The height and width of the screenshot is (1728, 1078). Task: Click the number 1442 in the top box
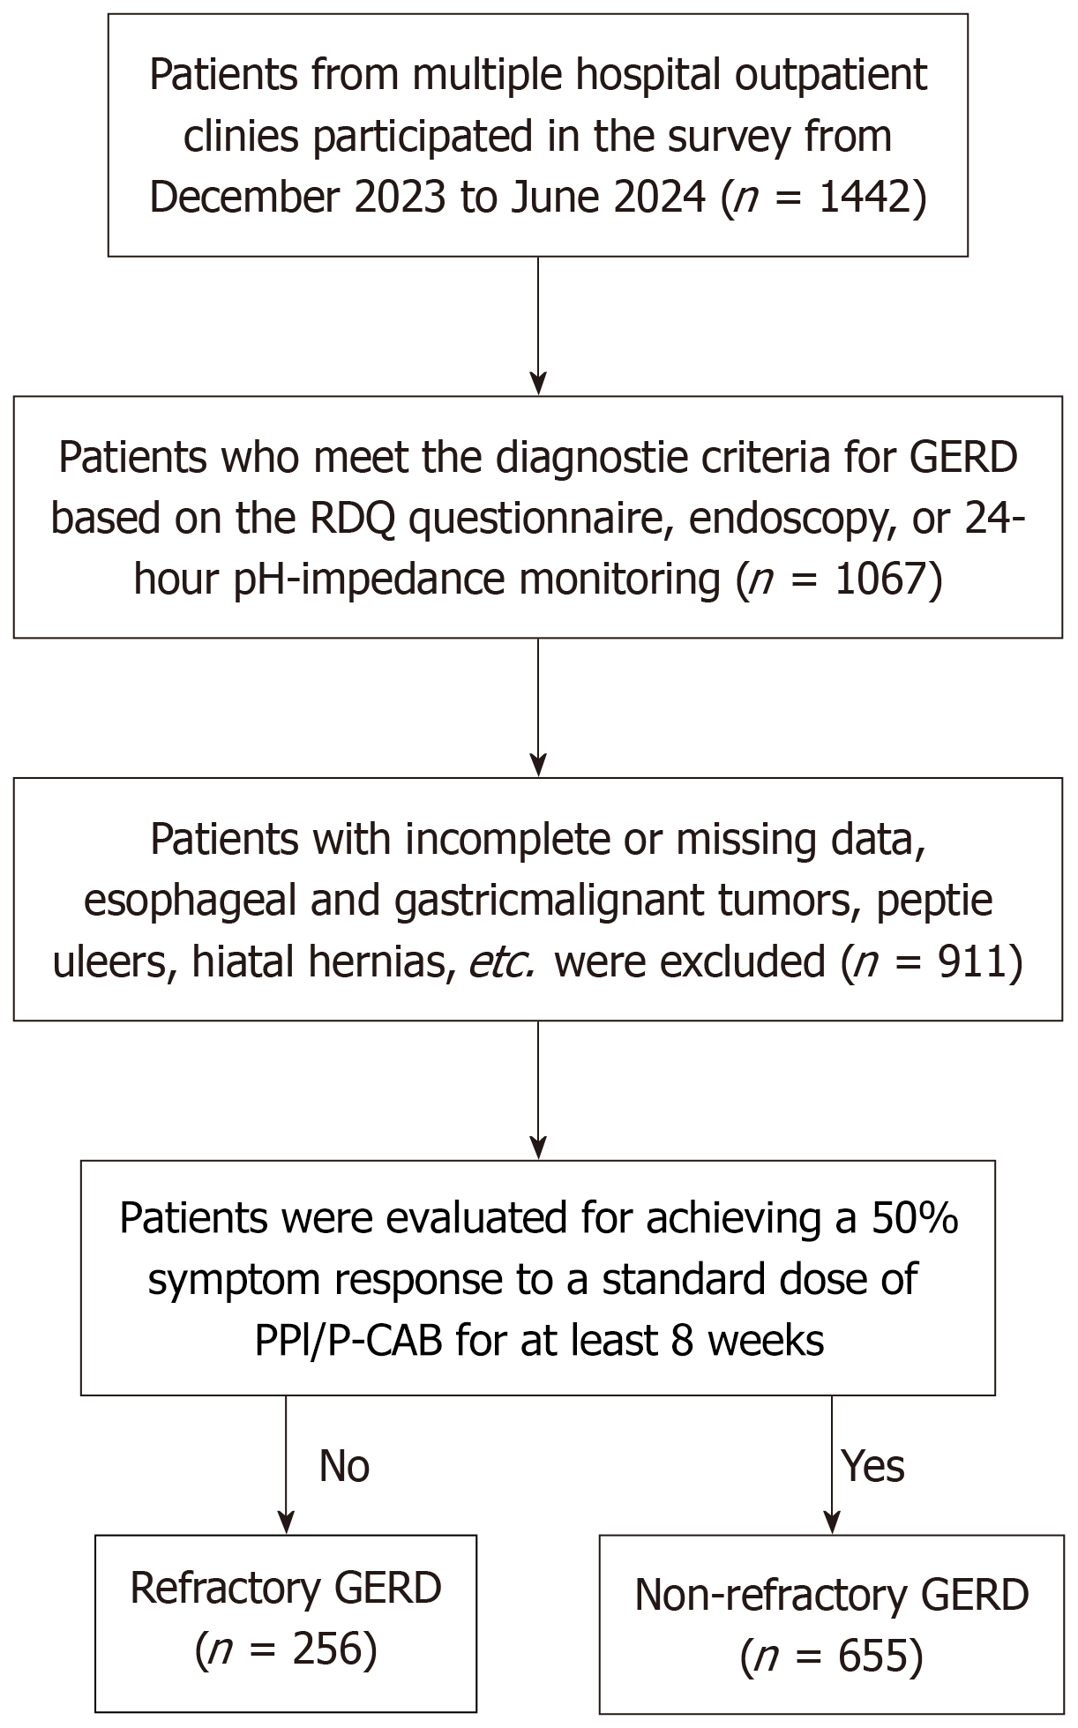pyautogui.click(x=864, y=198)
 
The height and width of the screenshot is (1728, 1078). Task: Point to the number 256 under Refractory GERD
pyautogui.click(x=316, y=1649)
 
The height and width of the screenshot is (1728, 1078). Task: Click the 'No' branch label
pyautogui.click(x=344, y=1466)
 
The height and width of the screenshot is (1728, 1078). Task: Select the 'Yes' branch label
pyautogui.click(x=873, y=1466)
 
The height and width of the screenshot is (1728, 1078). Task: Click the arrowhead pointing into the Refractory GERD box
pyautogui.click(x=286, y=1522)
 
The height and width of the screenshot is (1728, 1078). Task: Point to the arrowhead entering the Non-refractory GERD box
pyautogui.click(x=832, y=1522)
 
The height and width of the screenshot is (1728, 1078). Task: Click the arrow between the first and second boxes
pyautogui.click(x=538, y=326)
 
